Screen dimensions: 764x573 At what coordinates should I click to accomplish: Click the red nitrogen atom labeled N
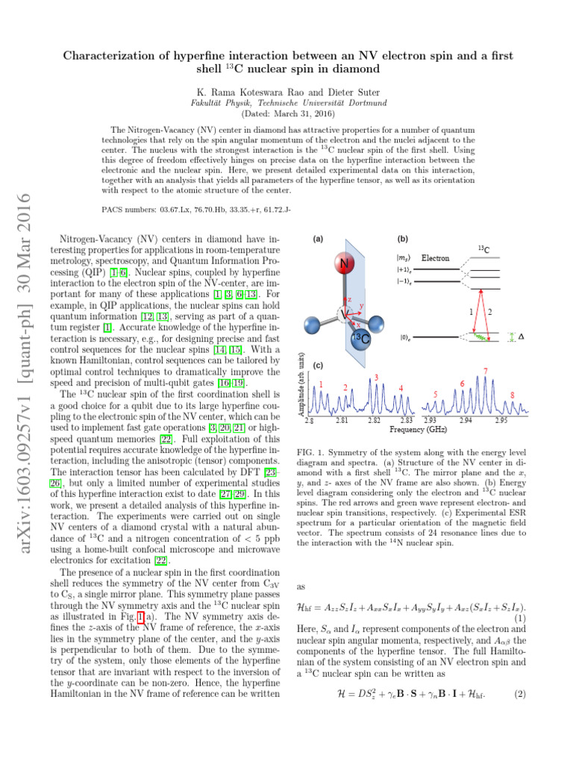[344, 264]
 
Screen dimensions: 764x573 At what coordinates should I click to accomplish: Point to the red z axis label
[350, 299]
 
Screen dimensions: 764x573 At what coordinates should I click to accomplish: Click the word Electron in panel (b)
[435, 258]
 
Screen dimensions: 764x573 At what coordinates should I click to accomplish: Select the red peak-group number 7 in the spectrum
[486, 372]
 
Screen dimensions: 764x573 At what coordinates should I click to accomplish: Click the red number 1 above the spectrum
[321, 383]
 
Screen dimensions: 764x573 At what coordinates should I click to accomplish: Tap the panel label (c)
[318, 366]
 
